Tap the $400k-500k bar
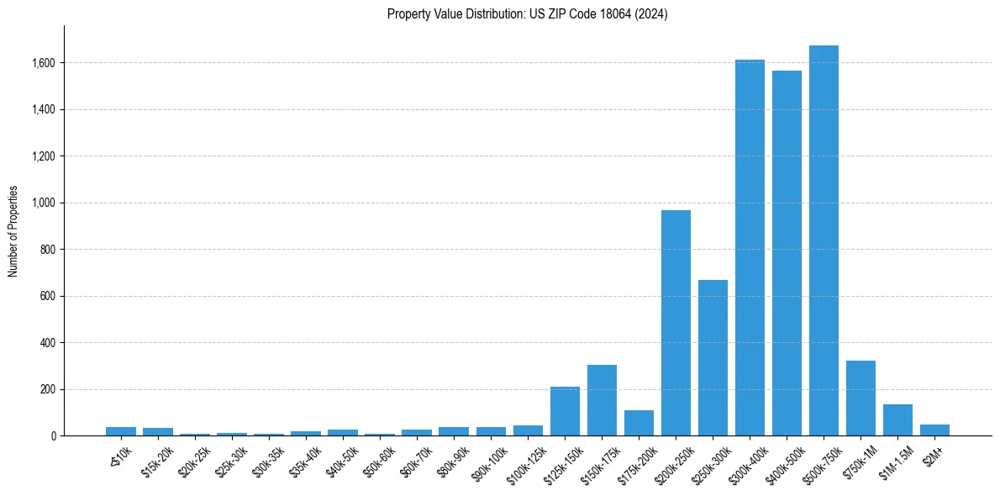click(x=787, y=253)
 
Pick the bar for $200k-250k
click(x=676, y=323)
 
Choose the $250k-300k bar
click(x=713, y=357)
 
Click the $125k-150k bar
click(x=565, y=411)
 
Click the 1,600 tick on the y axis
click(x=45, y=63)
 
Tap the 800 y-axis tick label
click(x=50, y=250)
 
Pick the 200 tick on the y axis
click(x=50, y=389)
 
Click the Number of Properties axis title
click(x=13, y=230)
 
